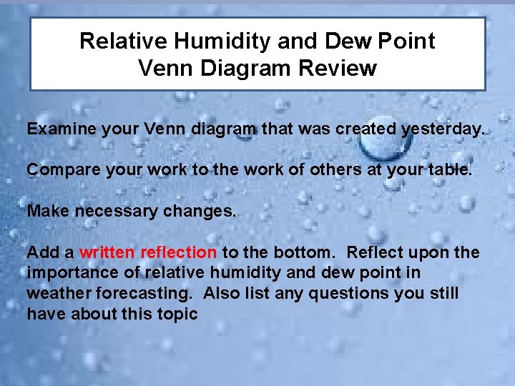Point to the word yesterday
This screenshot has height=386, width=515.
click(443, 130)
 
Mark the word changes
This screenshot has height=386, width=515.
click(202, 212)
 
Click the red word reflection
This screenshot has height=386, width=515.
click(178, 252)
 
